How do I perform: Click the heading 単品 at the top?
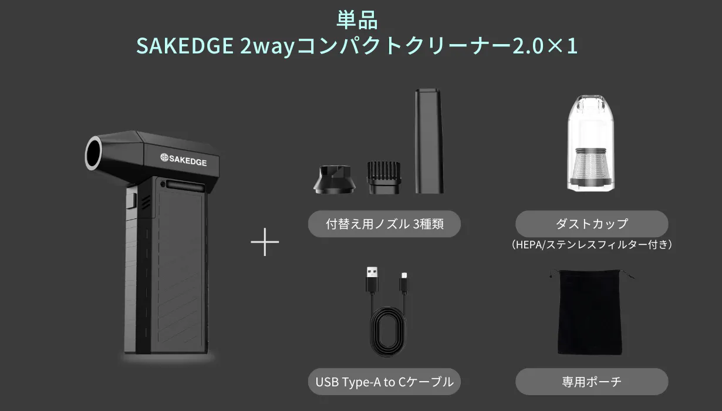(357, 20)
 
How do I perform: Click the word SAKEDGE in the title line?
(185, 46)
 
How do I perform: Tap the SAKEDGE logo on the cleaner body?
(183, 160)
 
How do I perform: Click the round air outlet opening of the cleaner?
(94, 153)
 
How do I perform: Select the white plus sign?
(265, 242)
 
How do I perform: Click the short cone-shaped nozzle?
(334, 180)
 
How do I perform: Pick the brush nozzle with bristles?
(384, 178)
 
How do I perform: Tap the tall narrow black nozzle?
(429, 141)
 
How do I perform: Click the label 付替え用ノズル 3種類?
(384, 224)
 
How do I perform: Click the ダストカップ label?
(592, 224)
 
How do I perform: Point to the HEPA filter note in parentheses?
(592, 245)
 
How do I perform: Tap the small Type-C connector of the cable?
(404, 282)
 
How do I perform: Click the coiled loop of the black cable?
(388, 332)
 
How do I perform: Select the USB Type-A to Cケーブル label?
(384, 382)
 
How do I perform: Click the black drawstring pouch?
(590, 312)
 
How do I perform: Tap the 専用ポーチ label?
(592, 382)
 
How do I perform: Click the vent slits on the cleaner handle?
(146, 202)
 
